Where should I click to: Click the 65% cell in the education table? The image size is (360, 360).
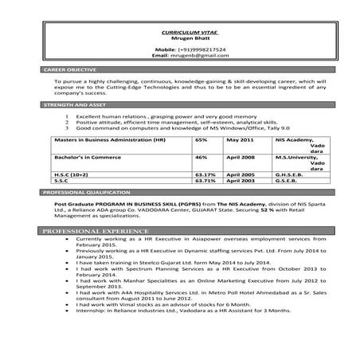[x=200, y=139]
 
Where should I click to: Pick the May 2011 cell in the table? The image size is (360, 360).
[x=240, y=139]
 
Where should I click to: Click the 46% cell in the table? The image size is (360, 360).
[x=200, y=158]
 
